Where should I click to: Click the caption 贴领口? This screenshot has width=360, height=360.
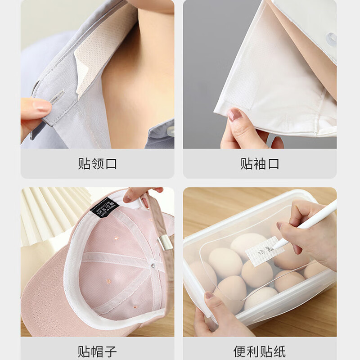point(97,164)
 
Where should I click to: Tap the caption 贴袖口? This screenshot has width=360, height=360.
point(260,164)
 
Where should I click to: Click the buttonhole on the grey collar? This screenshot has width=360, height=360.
point(58,97)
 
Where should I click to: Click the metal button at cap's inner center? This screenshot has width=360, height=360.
point(153,266)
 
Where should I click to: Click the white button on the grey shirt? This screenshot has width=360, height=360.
point(171,130)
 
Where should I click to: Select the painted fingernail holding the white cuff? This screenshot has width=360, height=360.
point(234,115)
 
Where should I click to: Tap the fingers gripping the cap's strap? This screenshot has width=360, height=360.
point(139,193)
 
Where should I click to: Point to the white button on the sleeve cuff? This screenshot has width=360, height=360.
point(332,39)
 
